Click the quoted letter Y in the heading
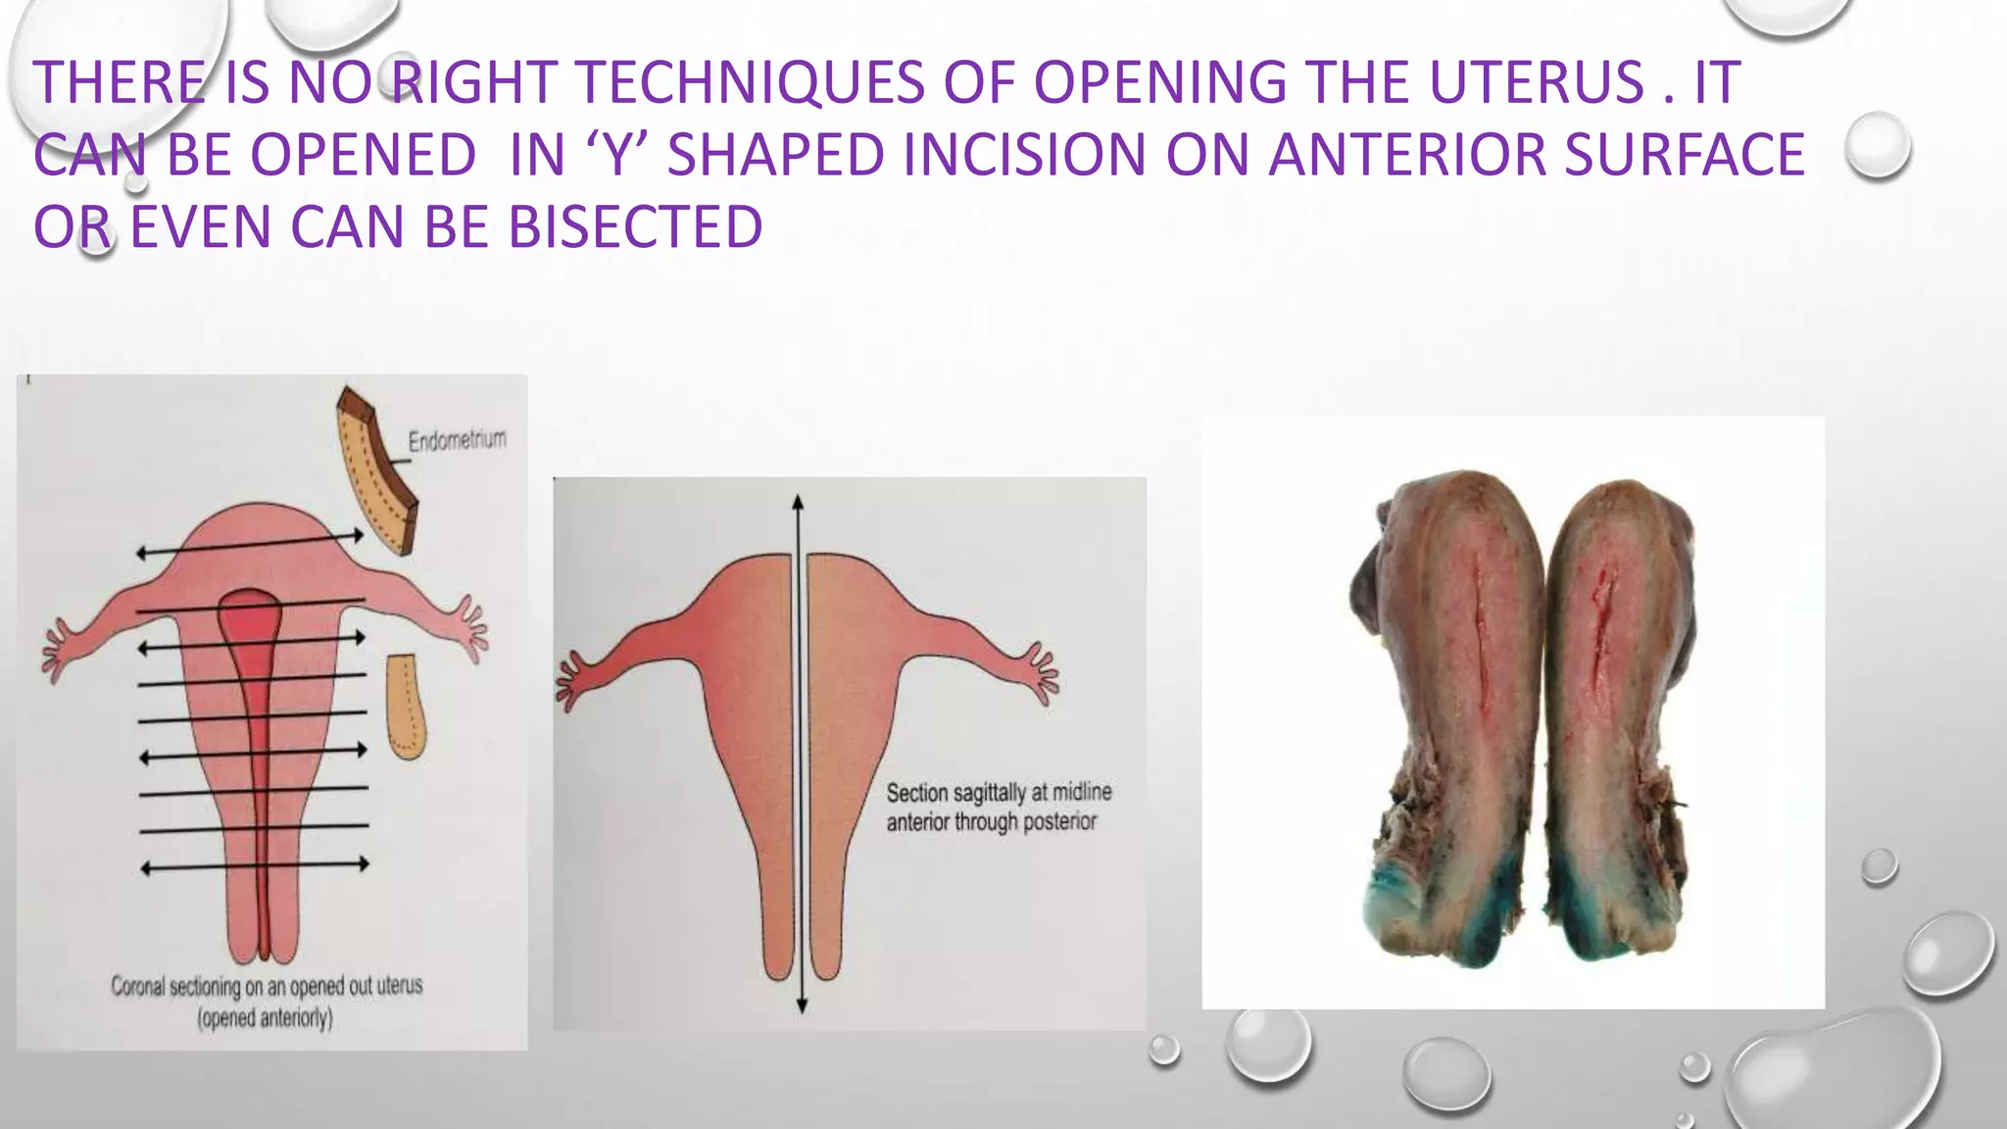click(x=616, y=155)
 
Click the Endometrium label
click(x=458, y=440)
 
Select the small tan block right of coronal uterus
click(x=405, y=707)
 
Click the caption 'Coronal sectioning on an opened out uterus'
click(x=267, y=986)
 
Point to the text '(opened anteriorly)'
click(x=266, y=1018)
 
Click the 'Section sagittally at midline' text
click(x=999, y=792)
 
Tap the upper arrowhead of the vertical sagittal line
click(x=799, y=503)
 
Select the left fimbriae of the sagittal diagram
click(x=568, y=682)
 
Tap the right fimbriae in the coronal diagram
click(x=471, y=627)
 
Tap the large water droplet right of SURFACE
click(x=1877, y=146)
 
